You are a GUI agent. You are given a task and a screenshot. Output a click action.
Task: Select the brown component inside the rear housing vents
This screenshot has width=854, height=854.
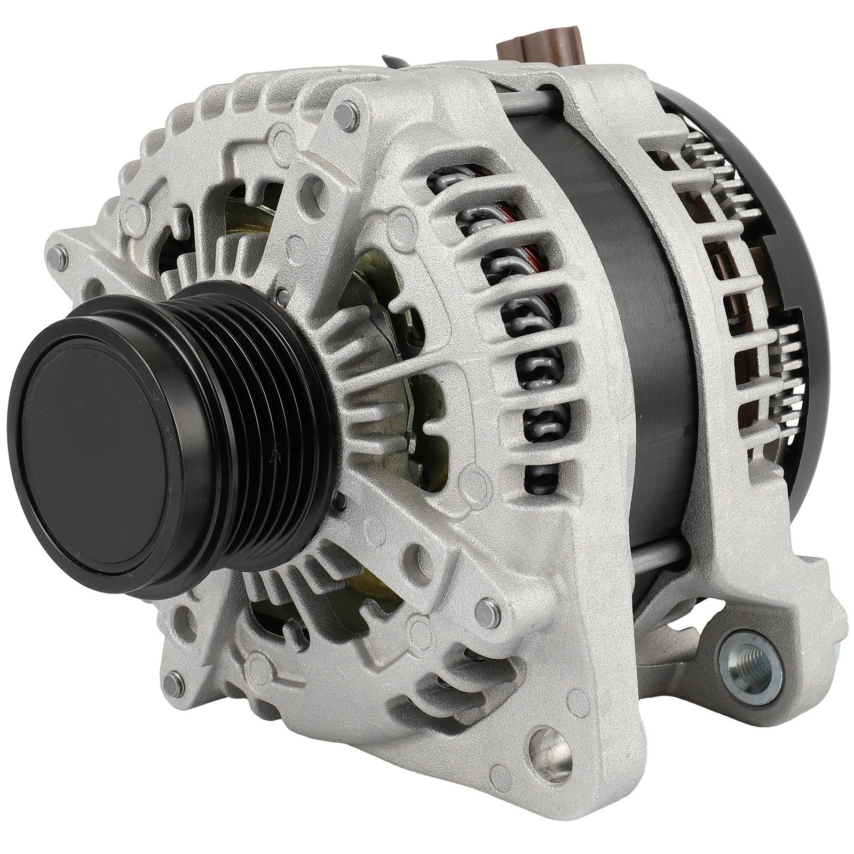tap(721, 278)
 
